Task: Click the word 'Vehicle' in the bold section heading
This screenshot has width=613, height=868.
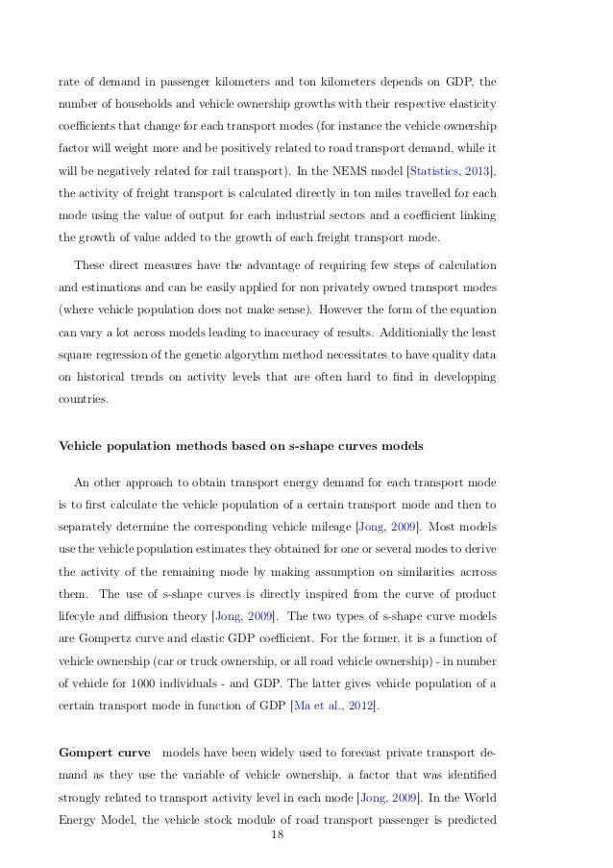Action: pos(86,446)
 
